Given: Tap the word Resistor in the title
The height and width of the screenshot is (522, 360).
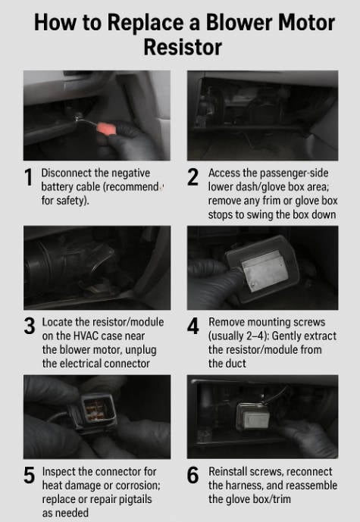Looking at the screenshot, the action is [183, 47].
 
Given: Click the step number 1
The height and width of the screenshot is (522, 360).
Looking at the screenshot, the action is [29, 177].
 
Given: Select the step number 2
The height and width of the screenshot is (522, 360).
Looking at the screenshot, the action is [193, 177].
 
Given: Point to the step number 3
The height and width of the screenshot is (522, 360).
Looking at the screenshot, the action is [30, 326].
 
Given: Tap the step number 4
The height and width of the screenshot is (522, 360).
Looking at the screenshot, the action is [193, 326].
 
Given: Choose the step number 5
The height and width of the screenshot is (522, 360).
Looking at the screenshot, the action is [30, 475].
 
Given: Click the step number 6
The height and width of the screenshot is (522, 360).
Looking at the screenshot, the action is [193, 475].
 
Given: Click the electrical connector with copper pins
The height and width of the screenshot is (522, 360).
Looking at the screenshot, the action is [94, 412].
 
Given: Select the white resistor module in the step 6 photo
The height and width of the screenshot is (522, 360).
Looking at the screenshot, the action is [253, 416].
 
